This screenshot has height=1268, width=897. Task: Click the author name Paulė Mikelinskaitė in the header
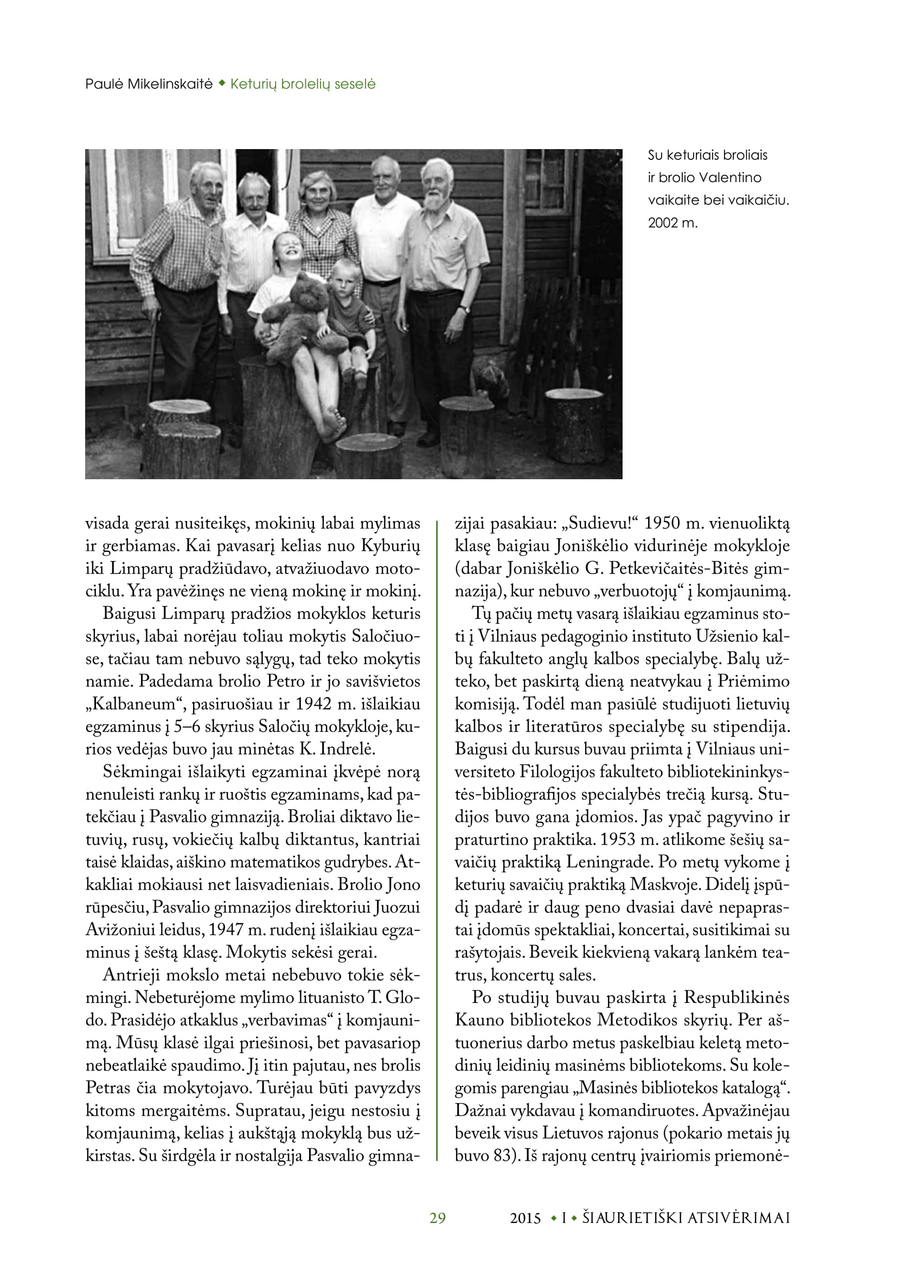coord(149,84)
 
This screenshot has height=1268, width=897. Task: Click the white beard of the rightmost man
coord(439,199)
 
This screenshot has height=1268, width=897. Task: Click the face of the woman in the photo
coord(317,193)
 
